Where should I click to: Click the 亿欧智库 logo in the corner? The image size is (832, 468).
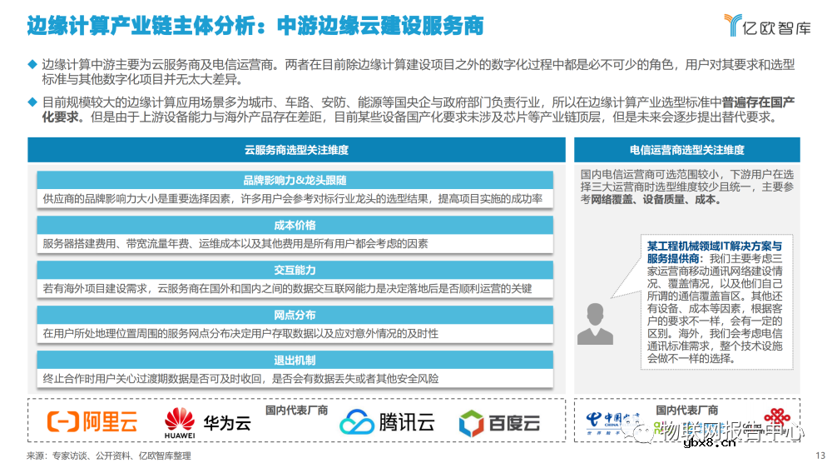click(765, 26)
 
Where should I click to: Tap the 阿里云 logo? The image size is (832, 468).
click(92, 422)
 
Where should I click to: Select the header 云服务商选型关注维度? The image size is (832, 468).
click(296, 150)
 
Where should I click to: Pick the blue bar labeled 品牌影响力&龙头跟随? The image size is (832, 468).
click(295, 180)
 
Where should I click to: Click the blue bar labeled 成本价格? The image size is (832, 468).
click(295, 225)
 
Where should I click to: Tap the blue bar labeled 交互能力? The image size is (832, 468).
click(295, 270)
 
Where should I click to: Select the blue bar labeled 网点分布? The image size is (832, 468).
click(295, 315)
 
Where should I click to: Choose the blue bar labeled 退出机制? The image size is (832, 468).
click(295, 360)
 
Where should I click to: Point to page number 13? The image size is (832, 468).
click(820, 456)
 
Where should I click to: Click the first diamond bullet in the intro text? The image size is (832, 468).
click(32, 64)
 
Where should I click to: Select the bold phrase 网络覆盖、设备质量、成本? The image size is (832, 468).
click(656, 201)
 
